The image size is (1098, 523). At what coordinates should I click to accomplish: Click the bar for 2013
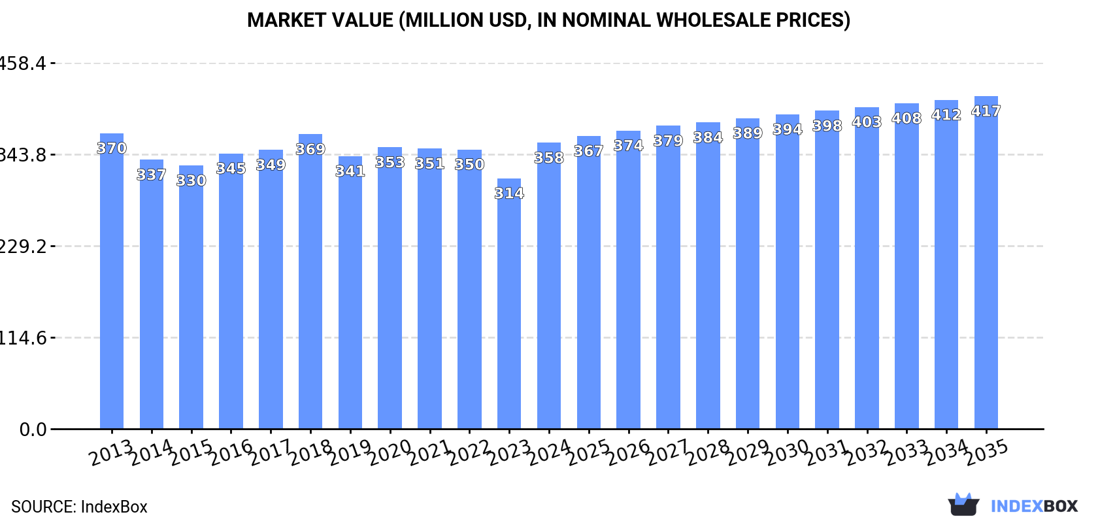pyautogui.click(x=112, y=281)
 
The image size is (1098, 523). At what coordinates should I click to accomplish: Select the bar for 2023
pyautogui.click(x=509, y=304)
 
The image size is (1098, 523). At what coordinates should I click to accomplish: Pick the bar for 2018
pyautogui.click(x=310, y=281)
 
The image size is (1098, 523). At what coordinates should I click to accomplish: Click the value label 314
pyautogui.click(x=509, y=194)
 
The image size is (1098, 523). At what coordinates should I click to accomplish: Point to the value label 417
pyautogui.click(x=986, y=111)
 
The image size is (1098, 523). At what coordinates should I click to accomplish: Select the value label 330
pyautogui.click(x=191, y=180)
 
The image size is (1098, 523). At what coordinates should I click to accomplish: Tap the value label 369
pyautogui.click(x=310, y=149)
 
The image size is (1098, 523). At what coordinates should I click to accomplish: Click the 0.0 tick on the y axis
pyautogui.click(x=33, y=430)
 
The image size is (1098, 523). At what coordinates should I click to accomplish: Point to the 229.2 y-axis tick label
pyautogui.click(x=24, y=246)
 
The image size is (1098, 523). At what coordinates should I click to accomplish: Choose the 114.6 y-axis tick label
pyautogui.click(x=24, y=338)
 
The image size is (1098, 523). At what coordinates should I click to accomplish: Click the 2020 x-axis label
pyautogui.click(x=390, y=452)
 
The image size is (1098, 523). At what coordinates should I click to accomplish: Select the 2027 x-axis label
pyautogui.click(x=668, y=452)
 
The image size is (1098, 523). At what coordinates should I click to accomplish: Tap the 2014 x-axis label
pyautogui.click(x=152, y=452)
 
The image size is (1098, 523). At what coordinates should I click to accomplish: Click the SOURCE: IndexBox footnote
pyautogui.click(x=79, y=507)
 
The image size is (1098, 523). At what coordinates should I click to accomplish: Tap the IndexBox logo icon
pyautogui.click(x=963, y=505)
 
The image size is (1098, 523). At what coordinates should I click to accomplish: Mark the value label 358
pyautogui.click(x=549, y=158)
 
